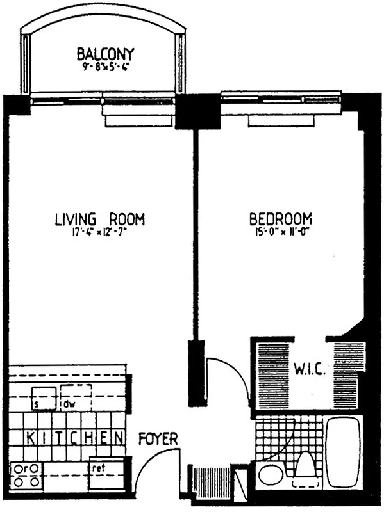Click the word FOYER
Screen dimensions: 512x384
coord(158,440)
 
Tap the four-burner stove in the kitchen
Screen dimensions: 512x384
coord(26,473)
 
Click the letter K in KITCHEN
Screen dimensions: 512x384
coord(16,438)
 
